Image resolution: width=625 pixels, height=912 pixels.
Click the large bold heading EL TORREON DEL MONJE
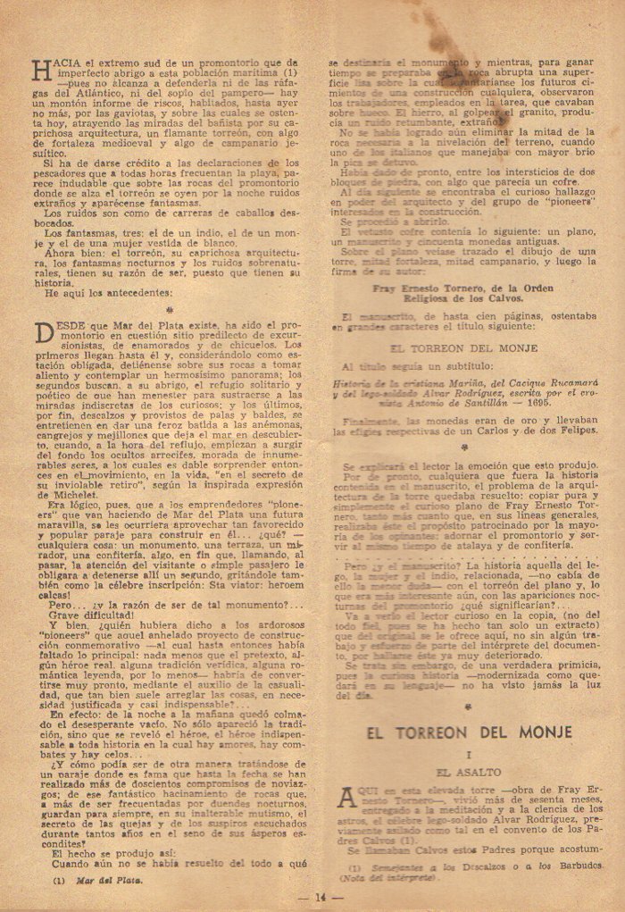coord(468,734)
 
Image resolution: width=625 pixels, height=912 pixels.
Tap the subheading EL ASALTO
coord(469,770)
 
